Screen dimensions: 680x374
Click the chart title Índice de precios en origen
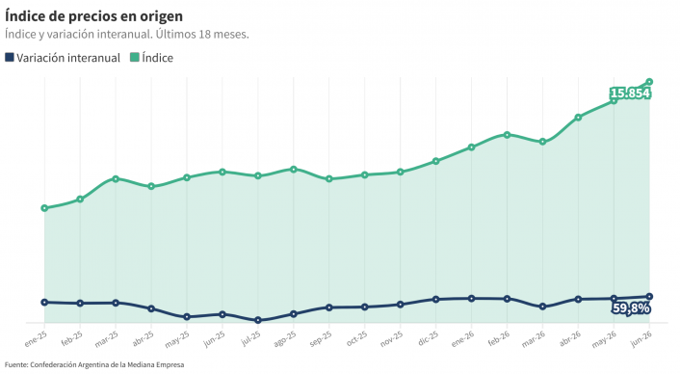(93, 16)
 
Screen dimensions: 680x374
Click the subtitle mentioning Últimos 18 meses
(127, 35)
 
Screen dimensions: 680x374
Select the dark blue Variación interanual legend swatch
(10, 57)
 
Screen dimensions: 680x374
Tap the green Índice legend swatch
(135, 57)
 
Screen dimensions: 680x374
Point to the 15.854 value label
(630, 93)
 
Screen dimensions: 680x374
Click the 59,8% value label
(631, 308)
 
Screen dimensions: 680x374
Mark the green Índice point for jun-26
(649, 82)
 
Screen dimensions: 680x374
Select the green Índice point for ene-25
(44, 208)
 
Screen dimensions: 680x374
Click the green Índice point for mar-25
(116, 178)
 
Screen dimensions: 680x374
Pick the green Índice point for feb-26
(507, 135)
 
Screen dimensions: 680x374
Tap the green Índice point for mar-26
(542, 142)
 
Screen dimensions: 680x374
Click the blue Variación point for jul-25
(258, 320)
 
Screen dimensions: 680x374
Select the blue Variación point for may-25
(187, 317)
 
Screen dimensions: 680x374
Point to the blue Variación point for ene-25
(44, 302)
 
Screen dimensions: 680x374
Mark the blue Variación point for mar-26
(542, 307)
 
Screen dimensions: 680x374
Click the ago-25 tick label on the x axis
(285, 339)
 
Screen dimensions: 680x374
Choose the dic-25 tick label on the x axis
(429, 338)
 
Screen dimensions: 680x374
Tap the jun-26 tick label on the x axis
(641, 338)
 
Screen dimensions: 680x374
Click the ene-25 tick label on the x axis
(36, 339)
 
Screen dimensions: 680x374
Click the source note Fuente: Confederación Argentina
(94, 365)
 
